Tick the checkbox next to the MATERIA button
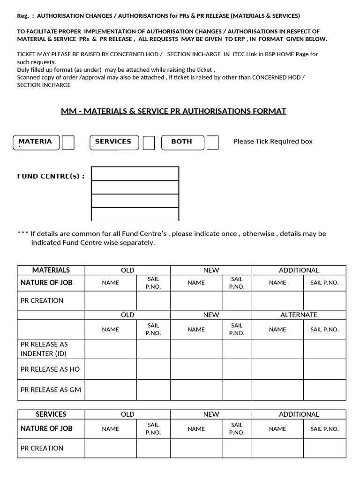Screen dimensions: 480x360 click(68, 142)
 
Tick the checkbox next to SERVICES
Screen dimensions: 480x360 click(149, 142)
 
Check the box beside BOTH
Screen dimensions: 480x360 click(212, 142)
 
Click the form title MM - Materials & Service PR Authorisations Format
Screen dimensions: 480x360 click(173, 111)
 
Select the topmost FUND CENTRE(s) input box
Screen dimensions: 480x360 click(135, 173)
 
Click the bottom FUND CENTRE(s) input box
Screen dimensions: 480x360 click(135, 214)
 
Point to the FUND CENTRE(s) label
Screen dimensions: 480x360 click(51, 176)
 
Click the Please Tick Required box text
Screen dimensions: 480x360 click(273, 142)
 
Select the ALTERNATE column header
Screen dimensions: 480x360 click(299, 315)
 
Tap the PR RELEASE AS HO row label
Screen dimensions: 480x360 click(50, 369)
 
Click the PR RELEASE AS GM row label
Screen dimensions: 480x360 click(51, 390)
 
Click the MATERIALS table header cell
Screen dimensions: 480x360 click(51, 270)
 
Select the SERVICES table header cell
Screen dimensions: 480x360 click(51, 414)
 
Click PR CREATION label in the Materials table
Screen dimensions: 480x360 click(42, 300)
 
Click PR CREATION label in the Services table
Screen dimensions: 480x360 click(42, 448)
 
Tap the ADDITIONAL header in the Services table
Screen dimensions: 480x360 click(299, 414)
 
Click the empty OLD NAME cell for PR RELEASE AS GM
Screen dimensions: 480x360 click(110, 390)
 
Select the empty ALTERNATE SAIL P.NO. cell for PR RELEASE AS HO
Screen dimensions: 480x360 click(324, 369)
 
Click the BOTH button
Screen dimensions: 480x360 click(182, 142)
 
